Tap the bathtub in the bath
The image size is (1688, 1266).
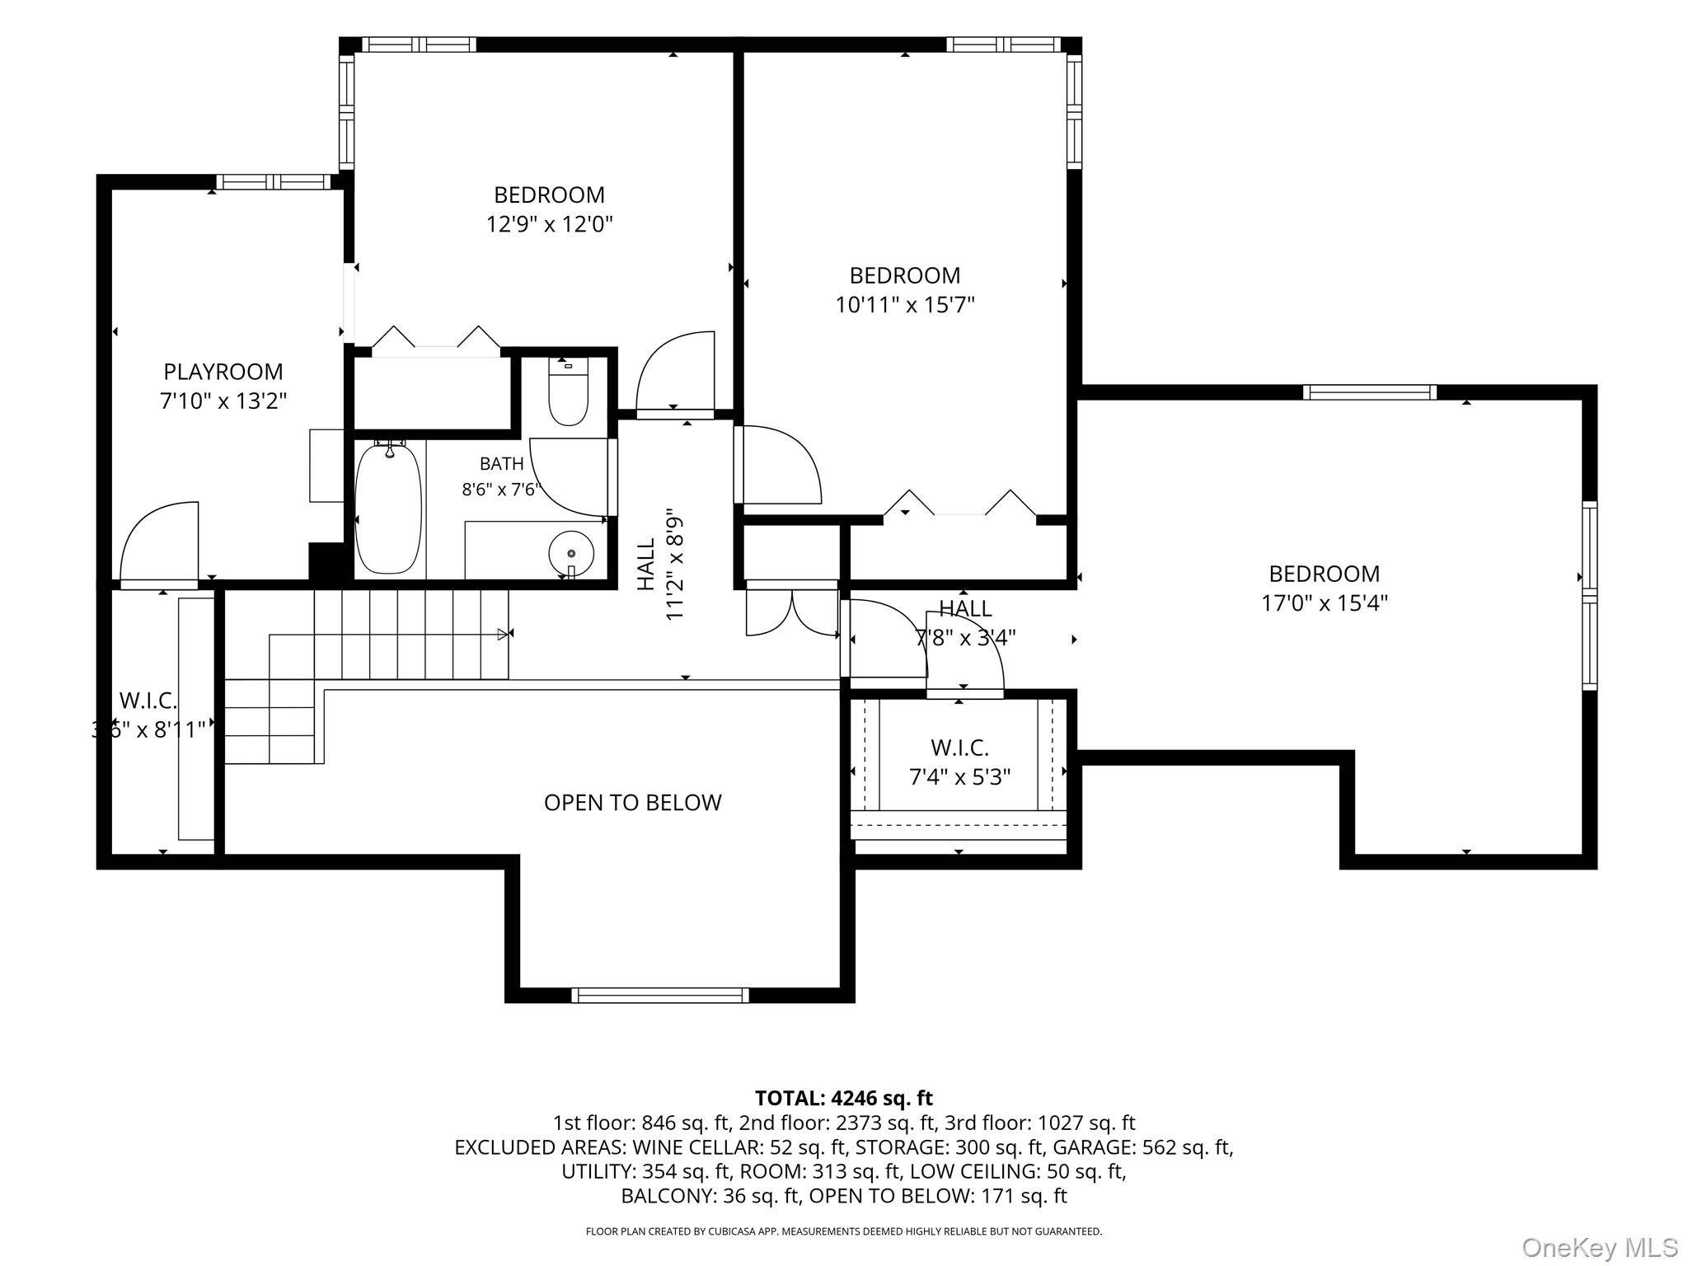388,509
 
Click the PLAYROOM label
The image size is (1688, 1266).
223,372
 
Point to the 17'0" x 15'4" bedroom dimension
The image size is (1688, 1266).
1325,603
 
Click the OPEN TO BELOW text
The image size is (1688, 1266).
633,803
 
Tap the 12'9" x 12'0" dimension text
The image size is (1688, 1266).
550,224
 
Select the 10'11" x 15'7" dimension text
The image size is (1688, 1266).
905,305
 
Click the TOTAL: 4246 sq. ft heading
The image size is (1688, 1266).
844,1098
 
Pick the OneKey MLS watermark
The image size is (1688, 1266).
1598,1247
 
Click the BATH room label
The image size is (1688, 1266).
501,464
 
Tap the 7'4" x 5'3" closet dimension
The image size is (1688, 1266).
959,777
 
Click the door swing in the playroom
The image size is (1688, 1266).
159,541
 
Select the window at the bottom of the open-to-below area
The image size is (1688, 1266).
660,995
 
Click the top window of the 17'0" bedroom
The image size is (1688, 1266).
1370,392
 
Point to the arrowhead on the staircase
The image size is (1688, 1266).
503,634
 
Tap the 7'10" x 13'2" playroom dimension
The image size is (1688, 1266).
223,401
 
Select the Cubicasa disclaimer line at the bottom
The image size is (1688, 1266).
844,1231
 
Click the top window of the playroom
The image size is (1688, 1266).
274,182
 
